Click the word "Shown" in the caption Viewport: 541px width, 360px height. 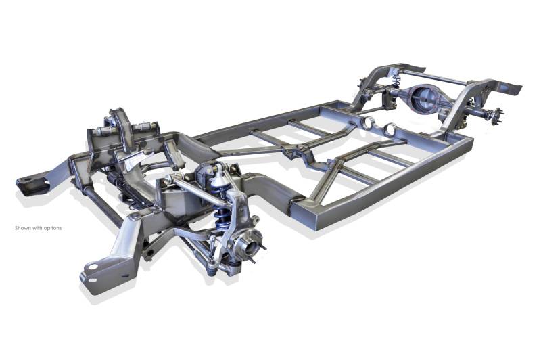pyautogui.click(x=23, y=228)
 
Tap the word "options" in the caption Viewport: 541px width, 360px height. pyautogui.click(x=53, y=228)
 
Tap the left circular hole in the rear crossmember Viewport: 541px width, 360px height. pyautogui.click(x=369, y=122)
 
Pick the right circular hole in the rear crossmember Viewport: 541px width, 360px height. pyautogui.click(x=390, y=129)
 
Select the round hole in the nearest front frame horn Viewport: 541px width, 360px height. pyautogui.click(x=93, y=267)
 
